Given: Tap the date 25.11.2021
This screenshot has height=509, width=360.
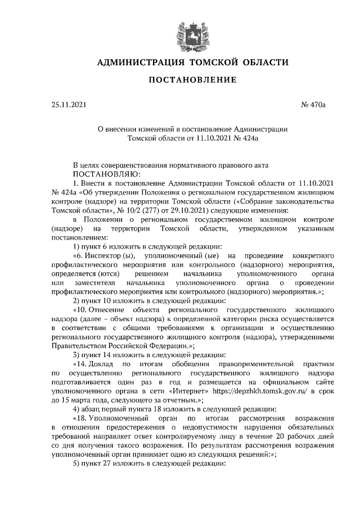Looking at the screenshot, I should [x=69, y=104].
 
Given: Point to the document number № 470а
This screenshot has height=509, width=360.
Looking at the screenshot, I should [x=319, y=104].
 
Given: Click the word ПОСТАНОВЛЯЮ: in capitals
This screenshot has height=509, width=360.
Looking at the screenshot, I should [x=103, y=174].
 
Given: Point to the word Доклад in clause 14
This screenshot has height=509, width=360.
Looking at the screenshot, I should [x=100, y=363].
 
